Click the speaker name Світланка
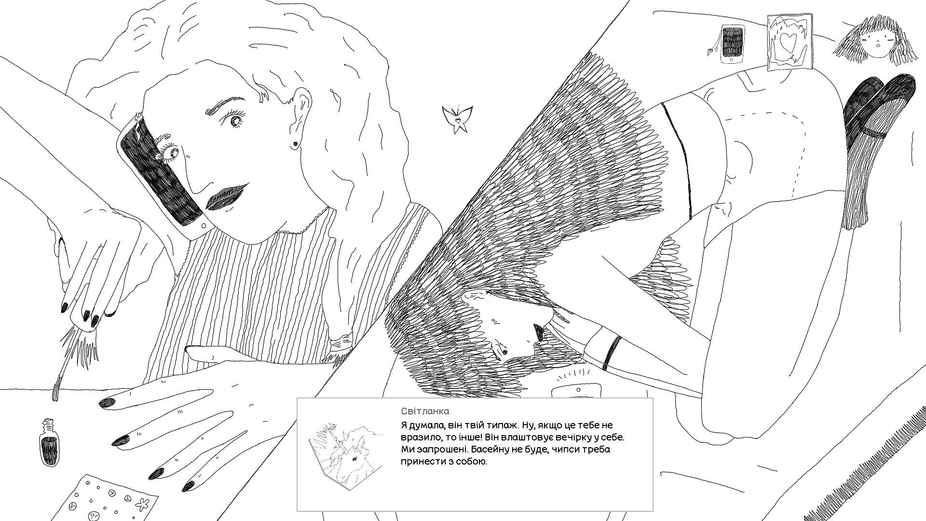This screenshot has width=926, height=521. [425, 411]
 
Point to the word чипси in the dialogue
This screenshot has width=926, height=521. [557, 450]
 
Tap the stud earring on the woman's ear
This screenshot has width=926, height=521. [294, 143]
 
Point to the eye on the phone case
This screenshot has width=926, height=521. [170, 152]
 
